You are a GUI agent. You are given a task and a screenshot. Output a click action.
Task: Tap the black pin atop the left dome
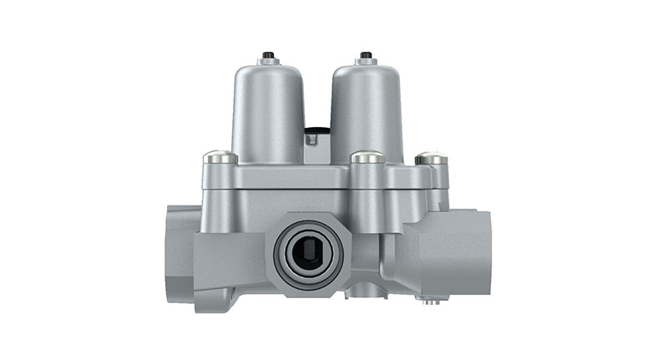click(x=268, y=56)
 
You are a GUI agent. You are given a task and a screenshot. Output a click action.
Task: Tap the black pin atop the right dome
click(x=365, y=56)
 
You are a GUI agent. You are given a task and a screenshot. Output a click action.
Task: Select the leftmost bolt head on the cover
click(x=220, y=156)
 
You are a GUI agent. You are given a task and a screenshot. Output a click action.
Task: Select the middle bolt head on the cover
click(x=367, y=156)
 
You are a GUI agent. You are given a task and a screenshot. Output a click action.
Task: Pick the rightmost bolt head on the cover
click(x=430, y=156)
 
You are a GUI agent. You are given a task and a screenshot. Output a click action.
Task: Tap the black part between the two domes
click(x=316, y=130)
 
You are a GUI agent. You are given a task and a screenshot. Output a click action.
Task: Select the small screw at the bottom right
click(x=430, y=300)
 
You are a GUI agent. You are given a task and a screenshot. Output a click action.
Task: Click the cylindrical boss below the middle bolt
click(x=367, y=188)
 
